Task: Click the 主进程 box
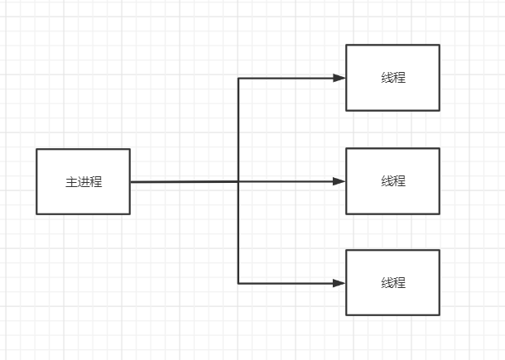84,181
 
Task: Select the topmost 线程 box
392,78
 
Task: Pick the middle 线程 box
392,181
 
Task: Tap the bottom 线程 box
392,282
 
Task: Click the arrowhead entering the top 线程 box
339,78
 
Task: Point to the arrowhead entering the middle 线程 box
339,181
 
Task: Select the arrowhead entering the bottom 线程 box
339,283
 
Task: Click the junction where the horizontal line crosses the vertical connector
238,182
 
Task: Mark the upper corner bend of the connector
238,79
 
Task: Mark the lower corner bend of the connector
238,284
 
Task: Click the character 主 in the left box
71,182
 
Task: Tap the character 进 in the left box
84,182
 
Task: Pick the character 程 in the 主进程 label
96,182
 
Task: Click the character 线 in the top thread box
387,78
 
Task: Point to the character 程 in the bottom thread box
399,283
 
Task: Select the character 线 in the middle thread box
387,181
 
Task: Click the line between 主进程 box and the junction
185,182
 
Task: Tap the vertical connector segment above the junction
238,130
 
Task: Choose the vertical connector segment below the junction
238,233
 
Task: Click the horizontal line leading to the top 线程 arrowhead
286,79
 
